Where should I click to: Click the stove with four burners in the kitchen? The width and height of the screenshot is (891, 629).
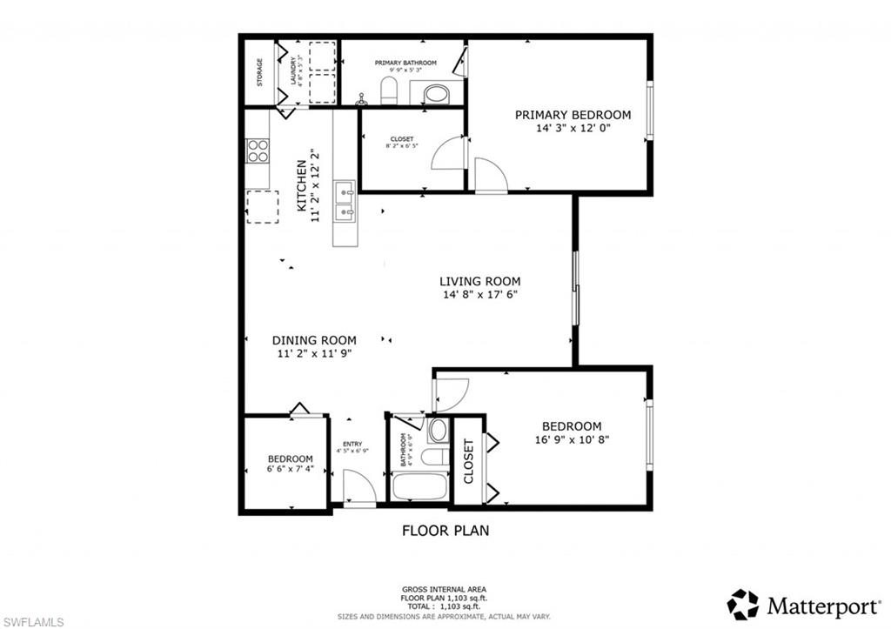tap(258, 151)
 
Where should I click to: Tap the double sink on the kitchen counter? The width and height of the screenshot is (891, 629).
tap(345, 200)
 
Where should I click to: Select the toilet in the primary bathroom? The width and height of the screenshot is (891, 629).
tap(389, 90)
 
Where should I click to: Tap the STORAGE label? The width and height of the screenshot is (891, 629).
tap(259, 72)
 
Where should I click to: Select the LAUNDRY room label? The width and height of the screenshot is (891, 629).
tap(294, 72)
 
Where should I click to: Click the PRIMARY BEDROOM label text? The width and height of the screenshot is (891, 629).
tap(573, 115)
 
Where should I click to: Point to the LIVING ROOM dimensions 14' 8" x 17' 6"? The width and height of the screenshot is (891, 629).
tap(479, 294)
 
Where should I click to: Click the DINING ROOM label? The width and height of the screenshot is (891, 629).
tap(314, 340)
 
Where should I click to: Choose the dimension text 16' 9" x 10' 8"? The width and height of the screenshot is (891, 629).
tap(572, 439)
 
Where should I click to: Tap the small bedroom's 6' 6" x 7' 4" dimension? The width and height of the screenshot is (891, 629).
tap(290, 470)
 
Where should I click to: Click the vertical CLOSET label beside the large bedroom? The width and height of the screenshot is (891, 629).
tap(468, 461)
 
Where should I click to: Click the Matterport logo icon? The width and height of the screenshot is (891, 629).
tap(742, 604)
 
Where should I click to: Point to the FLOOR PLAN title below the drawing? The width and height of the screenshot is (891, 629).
tap(445, 530)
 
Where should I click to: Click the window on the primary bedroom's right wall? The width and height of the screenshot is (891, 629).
tap(648, 110)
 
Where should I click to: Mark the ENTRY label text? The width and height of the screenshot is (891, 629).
tap(352, 444)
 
